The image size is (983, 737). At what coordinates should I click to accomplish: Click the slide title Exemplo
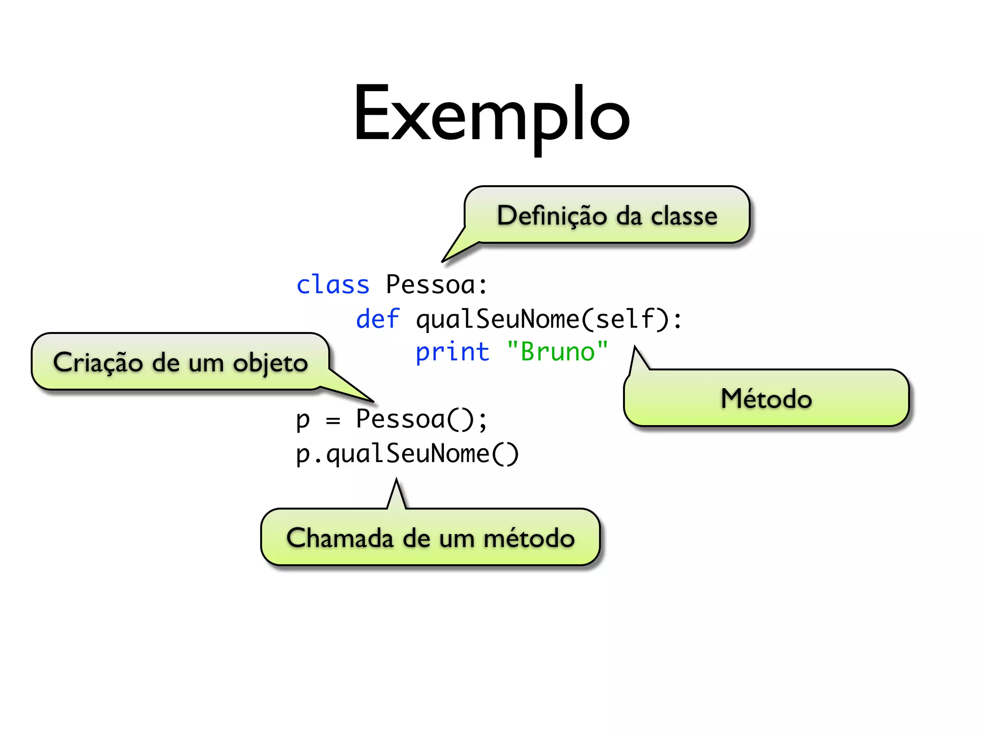pos(491,115)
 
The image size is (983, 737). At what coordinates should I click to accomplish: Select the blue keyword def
pos(377,319)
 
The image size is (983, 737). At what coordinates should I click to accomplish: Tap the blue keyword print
pos(452,352)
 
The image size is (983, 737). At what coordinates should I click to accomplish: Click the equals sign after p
pos(333,421)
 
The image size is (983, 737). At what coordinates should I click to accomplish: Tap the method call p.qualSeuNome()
pos(407,454)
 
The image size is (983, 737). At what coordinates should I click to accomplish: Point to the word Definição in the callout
pos(552,215)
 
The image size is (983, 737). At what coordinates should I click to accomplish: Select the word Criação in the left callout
pos(98,363)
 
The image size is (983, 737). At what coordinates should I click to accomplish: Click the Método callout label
pos(766,399)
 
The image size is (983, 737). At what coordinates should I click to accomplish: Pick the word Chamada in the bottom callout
pos(340,538)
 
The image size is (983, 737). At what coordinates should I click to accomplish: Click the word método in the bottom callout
pos(529,538)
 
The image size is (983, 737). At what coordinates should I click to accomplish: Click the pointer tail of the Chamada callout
pos(396,494)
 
